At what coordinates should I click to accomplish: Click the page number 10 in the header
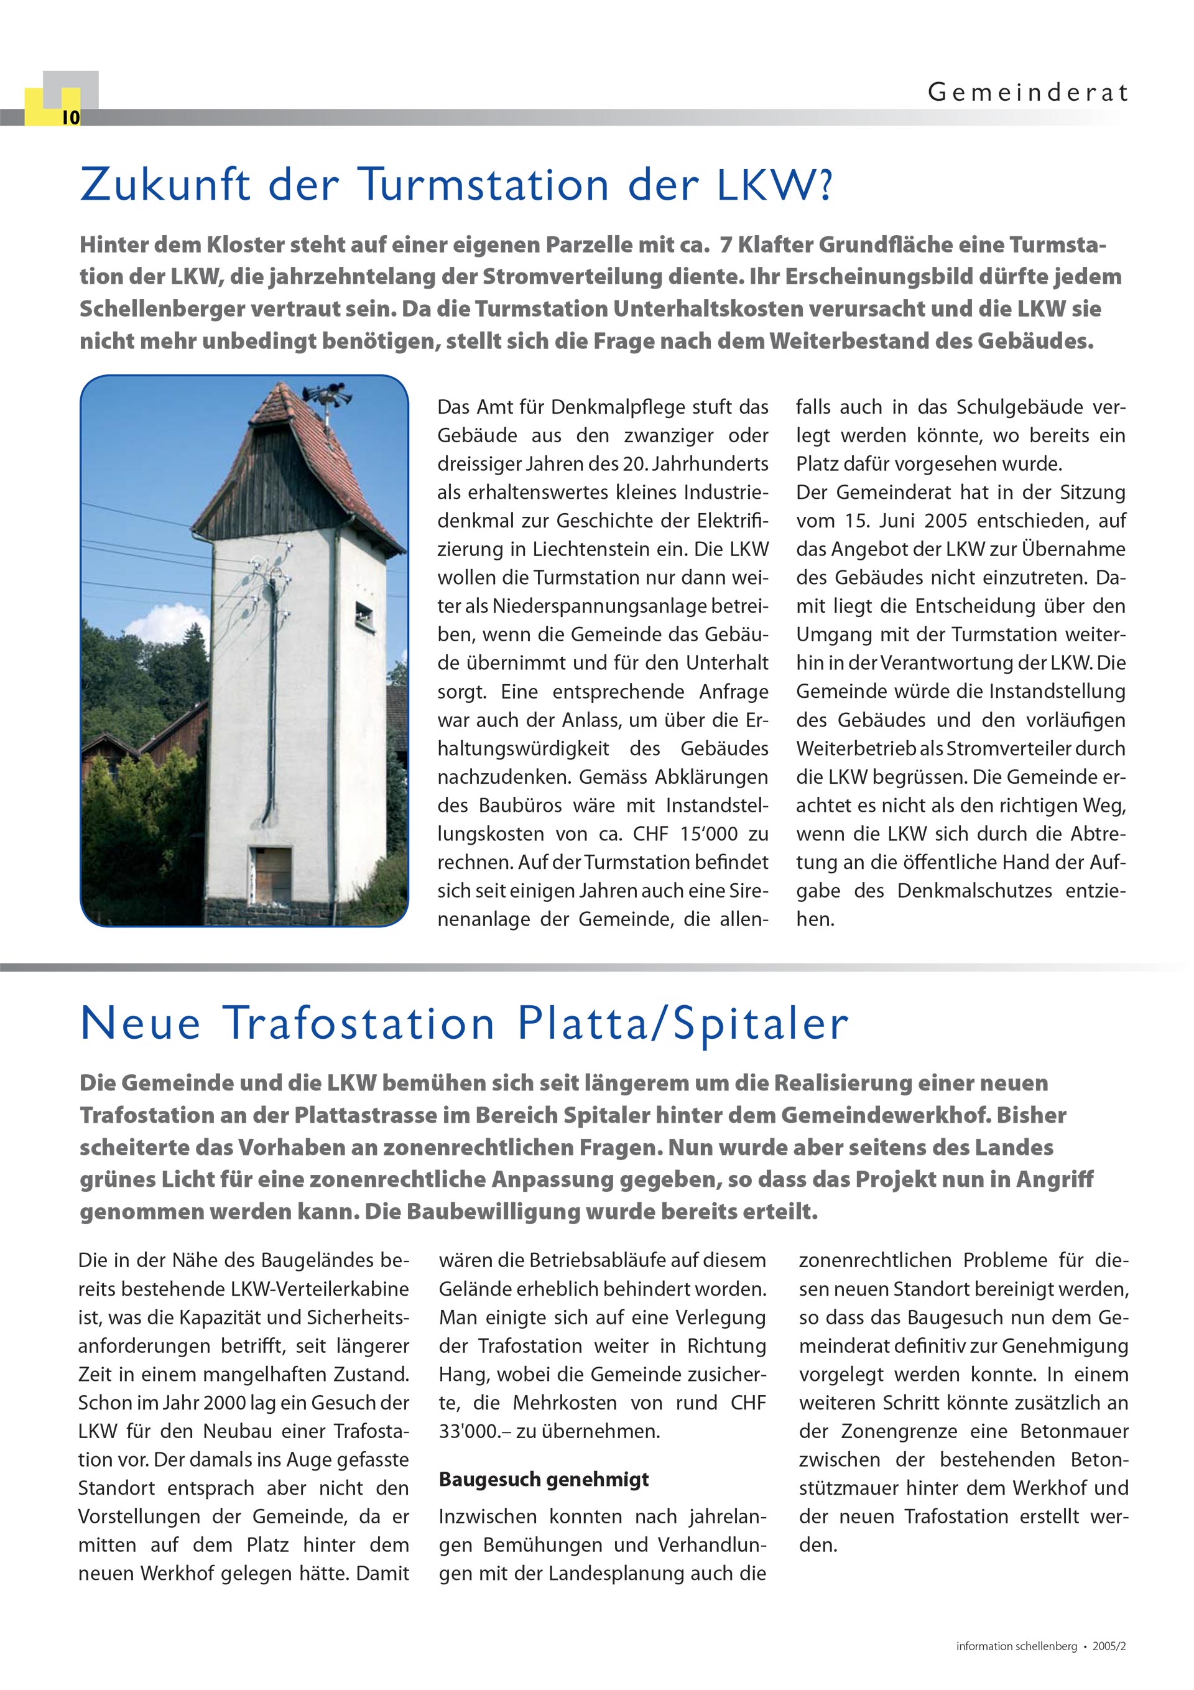pos(71,118)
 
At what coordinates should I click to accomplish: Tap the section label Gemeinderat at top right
pos(1027,93)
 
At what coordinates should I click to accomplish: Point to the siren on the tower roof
pos(330,394)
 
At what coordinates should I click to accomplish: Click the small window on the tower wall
pos(364,613)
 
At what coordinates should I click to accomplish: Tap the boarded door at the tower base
pos(271,876)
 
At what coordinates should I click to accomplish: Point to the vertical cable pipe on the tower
pos(273,699)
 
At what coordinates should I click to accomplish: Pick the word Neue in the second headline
pos(141,1024)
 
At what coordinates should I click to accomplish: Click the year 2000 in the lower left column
pos(220,1403)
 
